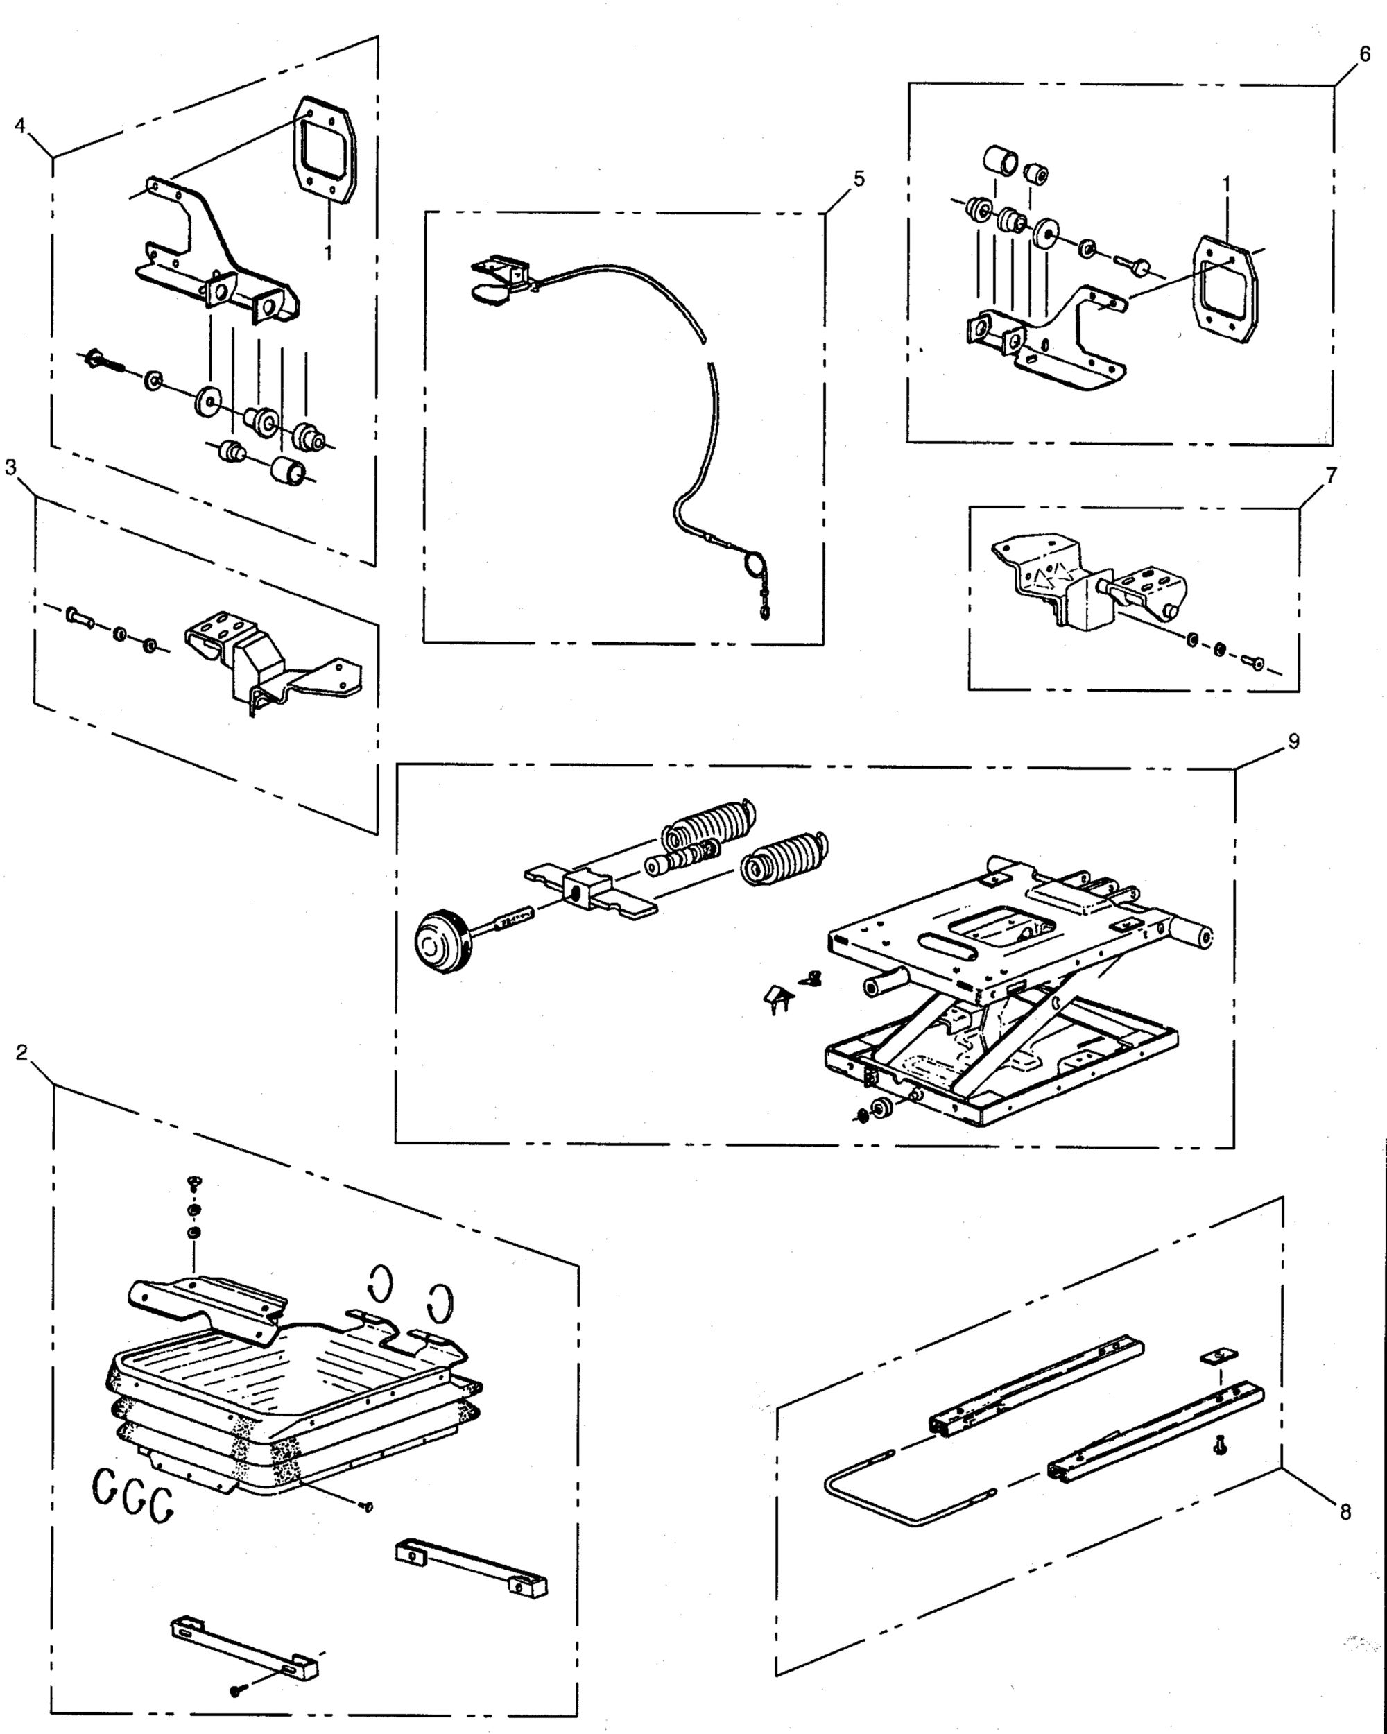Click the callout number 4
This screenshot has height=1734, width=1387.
pyautogui.click(x=20, y=126)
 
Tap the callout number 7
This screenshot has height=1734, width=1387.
pyautogui.click(x=1331, y=476)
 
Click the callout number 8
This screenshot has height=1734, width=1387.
pyautogui.click(x=1345, y=1513)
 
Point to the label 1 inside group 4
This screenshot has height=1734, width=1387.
pyautogui.click(x=328, y=252)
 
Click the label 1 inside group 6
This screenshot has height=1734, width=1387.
pyautogui.click(x=1225, y=183)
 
